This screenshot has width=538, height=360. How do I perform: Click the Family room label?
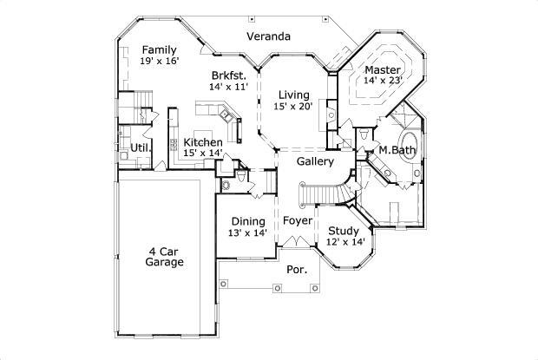pyautogui.click(x=160, y=49)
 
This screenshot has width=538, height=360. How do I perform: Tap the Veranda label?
pyautogui.click(x=267, y=36)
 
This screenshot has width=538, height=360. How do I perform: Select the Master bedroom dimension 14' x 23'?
pyautogui.click(x=382, y=81)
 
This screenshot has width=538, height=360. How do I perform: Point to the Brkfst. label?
pyautogui.click(x=228, y=75)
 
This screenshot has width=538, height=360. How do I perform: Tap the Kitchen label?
pyautogui.click(x=202, y=142)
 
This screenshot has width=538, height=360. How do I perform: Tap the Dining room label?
pyautogui.click(x=248, y=220)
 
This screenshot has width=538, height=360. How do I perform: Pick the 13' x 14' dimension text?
pyautogui.click(x=248, y=232)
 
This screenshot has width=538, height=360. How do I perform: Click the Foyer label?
pyautogui.click(x=298, y=220)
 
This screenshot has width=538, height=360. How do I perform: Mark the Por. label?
pyautogui.click(x=297, y=270)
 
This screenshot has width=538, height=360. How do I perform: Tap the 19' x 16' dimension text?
pyautogui.click(x=160, y=61)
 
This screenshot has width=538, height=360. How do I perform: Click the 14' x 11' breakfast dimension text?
pyautogui.click(x=228, y=87)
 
